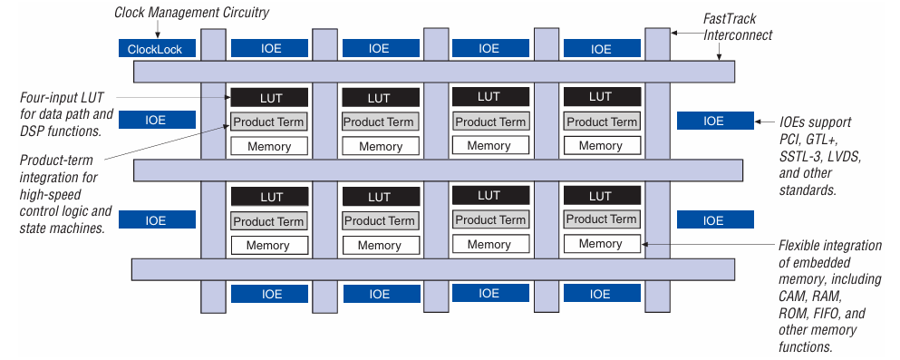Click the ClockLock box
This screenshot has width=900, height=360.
pyautogui.click(x=157, y=48)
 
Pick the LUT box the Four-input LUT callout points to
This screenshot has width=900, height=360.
pyautogui.click(x=269, y=97)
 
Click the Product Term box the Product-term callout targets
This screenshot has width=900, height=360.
pyautogui.click(x=269, y=122)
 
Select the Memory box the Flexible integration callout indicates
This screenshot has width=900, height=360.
pyautogui.click(x=600, y=243)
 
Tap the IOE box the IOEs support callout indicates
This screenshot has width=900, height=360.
pyautogui.click(x=714, y=121)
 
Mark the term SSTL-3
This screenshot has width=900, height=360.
pyautogui.click(x=801, y=156)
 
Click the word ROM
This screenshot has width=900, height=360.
pyautogui.click(x=793, y=313)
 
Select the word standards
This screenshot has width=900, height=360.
pyautogui.click(x=807, y=190)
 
